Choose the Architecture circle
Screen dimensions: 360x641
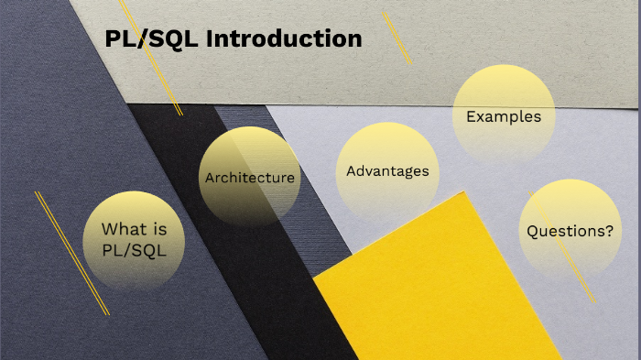click(250, 177)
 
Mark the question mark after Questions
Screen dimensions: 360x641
click(609, 231)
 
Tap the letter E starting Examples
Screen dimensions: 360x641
click(471, 116)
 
